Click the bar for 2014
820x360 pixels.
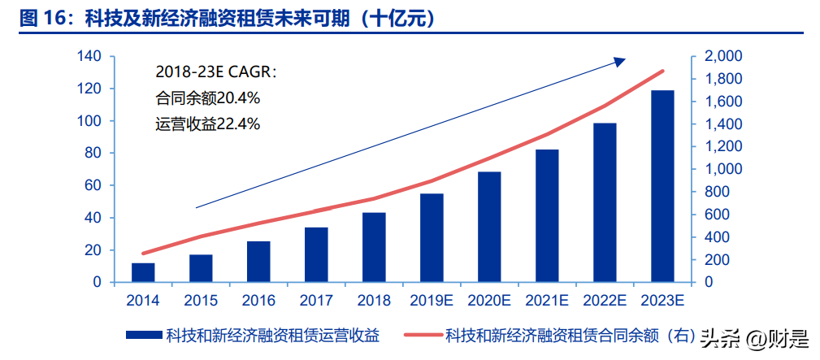click(x=143, y=273)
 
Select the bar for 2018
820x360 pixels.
click(x=374, y=248)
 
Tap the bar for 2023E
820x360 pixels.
click(x=662, y=186)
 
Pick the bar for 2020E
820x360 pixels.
click(x=489, y=227)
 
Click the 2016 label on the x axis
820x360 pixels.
click(x=258, y=300)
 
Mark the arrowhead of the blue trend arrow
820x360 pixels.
click(x=619, y=60)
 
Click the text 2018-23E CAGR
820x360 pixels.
click(x=215, y=72)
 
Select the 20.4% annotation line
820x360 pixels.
click(x=207, y=98)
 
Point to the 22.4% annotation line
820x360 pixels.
click(x=207, y=124)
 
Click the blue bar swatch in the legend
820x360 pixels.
click(x=143, y=335)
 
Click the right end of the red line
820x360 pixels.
click(x=663, y=72)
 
